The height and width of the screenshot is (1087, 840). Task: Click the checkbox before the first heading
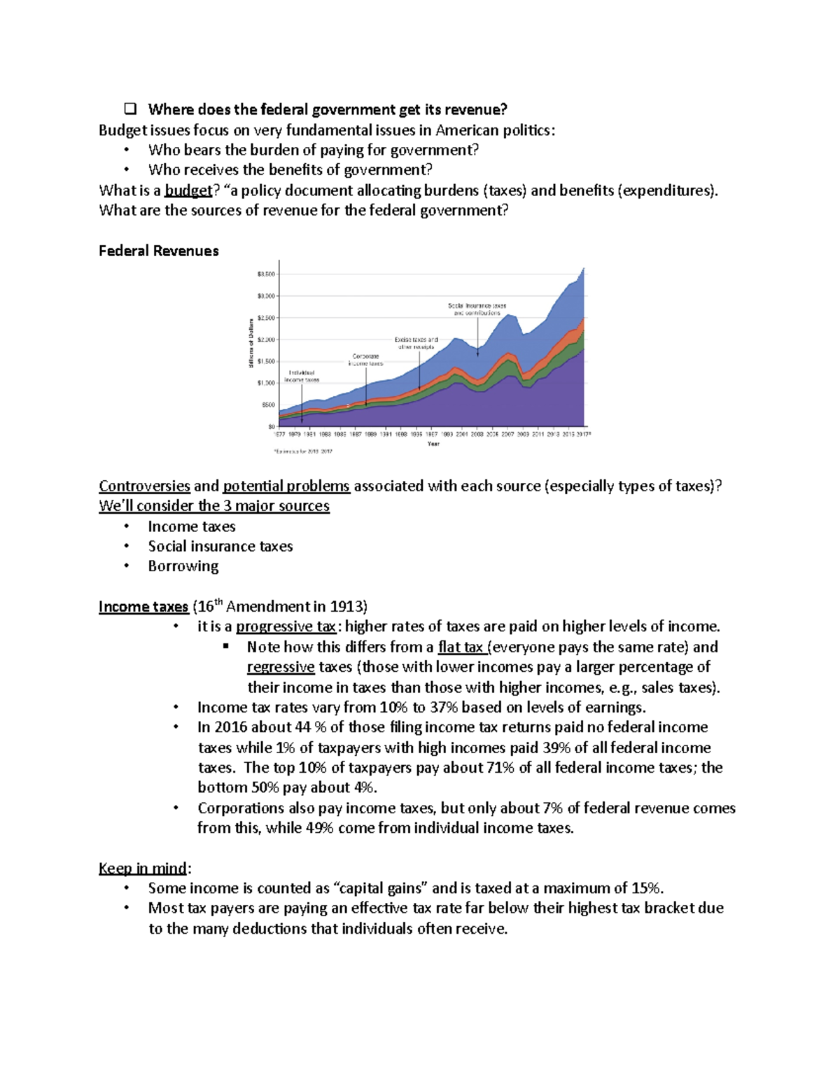129,109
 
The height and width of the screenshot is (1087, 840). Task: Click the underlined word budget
188,190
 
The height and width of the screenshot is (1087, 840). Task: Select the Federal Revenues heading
159,251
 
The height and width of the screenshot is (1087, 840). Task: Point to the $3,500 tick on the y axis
267,274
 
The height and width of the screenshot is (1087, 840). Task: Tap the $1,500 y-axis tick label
267,361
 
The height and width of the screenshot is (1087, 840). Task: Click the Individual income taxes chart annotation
302,377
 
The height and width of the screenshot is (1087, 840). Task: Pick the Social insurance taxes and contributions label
477,309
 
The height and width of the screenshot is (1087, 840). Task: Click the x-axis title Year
433,444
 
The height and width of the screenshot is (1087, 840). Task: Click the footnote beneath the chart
302,451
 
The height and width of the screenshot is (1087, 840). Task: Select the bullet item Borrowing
183,566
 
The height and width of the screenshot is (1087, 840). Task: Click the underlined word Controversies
144,486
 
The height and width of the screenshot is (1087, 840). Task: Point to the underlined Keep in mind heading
143,869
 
